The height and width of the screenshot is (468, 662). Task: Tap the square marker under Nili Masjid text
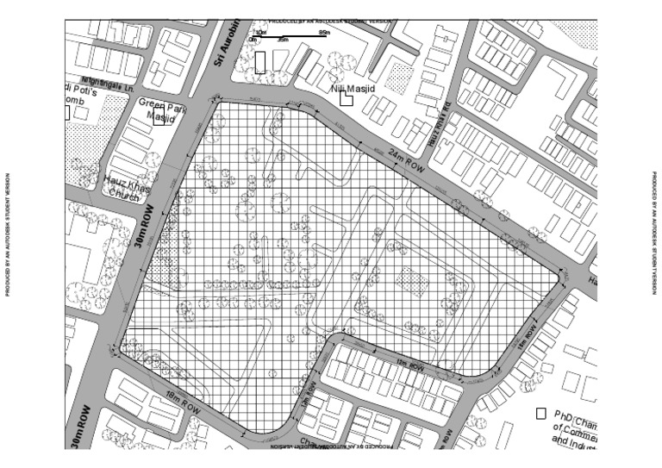346,99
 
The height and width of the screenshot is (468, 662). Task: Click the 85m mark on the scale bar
323,32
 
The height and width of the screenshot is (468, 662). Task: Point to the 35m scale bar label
282,40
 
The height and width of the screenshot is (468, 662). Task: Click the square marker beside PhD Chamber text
541,414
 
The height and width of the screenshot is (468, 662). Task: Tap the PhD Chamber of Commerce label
574,427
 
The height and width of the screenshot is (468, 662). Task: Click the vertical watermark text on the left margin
8,234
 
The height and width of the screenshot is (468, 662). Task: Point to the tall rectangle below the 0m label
260,62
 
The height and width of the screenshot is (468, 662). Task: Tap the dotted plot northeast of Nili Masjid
398,77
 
